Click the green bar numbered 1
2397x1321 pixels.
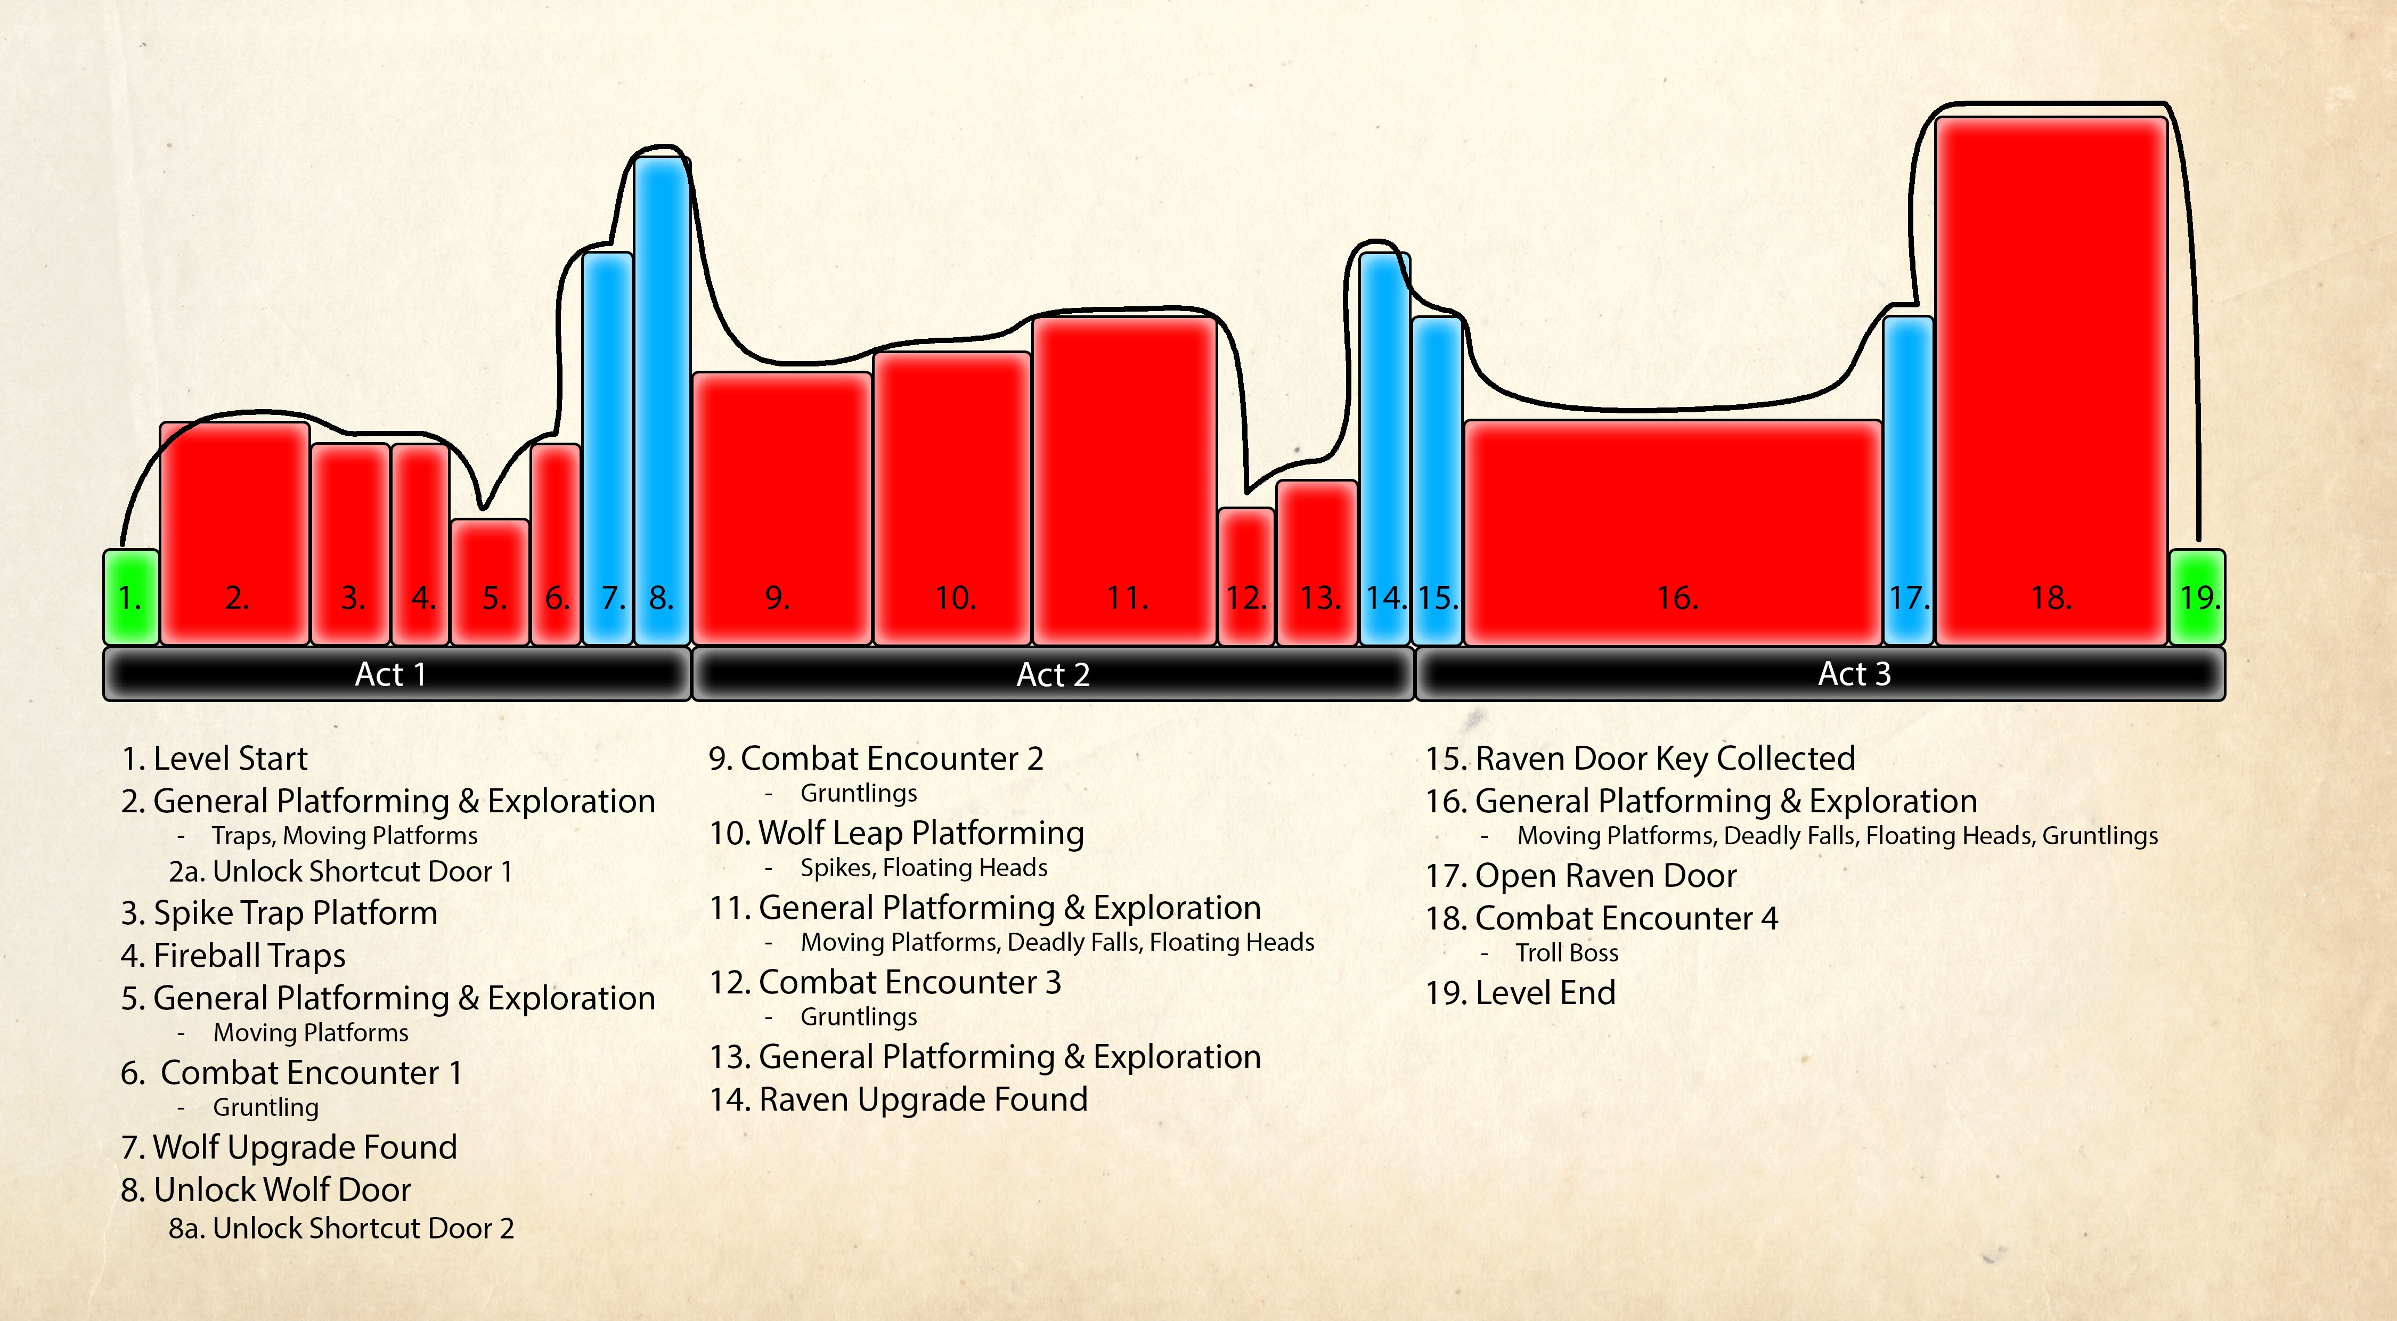[x=131, y=596]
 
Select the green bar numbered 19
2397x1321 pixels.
[x=2197, y=596]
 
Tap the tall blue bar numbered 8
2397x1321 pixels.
[x=662, y=400]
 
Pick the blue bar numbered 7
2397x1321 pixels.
[x=608, y=446]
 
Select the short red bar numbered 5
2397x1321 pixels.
[x=491, y=582]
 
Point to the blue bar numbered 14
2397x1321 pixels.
[x=1384, y=446]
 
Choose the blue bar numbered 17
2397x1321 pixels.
[x=1909, y=479]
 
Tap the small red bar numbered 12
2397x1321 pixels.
[x=1246, y=577]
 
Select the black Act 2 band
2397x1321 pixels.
[x=1053, y=673]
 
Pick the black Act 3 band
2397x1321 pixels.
[x=1819, y=673]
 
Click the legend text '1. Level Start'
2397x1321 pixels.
[x=214, y=758]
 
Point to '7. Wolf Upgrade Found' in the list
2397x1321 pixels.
[x=289, y=1147]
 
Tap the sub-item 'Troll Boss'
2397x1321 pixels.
[x=1567, y=952]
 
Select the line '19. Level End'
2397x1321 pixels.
[x=1520, y=992]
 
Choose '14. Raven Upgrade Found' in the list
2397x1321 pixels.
[x=898, y=1099]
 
